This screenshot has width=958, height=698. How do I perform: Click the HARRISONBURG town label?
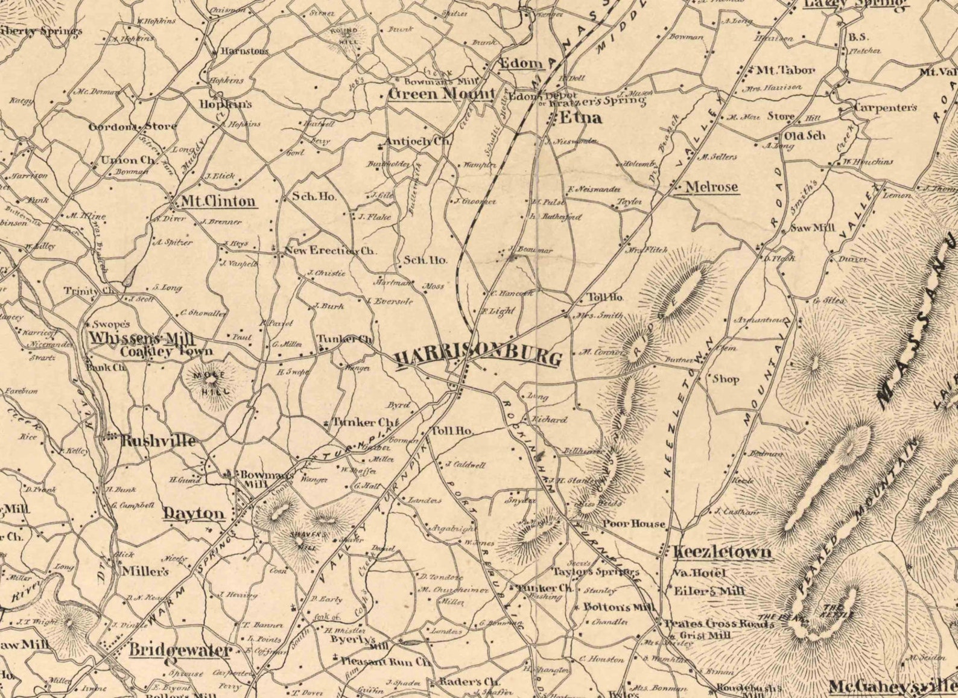tap(478, 357)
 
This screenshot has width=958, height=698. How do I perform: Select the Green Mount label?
tap(442, 94)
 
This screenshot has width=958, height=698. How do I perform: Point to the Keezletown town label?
tap(722, 552)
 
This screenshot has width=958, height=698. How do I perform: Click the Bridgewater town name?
tap(180, 650)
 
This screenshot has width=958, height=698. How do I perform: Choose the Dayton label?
tap(194, 514)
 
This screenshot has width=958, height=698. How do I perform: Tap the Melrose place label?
tap(712, 187)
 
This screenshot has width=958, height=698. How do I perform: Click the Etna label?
tap(581, 118)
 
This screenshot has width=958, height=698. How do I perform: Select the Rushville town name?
tap(158, 441)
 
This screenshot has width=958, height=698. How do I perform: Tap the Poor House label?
tap(633, 524)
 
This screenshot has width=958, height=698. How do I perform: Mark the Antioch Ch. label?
tap(418, 142)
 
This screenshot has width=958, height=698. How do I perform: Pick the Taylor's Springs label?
tap(596, 571)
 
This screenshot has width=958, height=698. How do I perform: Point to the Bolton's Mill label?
tap(619, 607)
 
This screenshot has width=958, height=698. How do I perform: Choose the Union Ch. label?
tap(128, 160)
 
